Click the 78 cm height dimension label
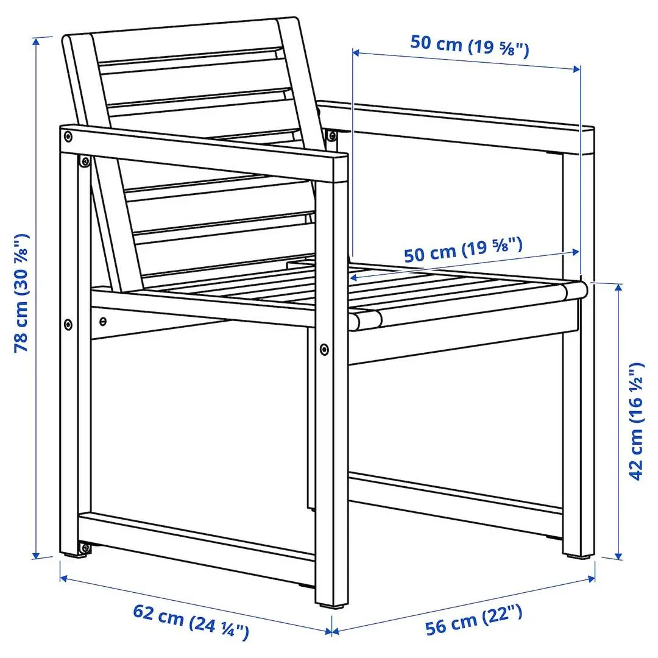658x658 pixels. point(22,292)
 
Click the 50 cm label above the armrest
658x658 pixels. point(469,44)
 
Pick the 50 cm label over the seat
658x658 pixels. point(463,250)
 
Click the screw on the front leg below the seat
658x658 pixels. point(324,349)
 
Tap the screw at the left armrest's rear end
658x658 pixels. point(68,135)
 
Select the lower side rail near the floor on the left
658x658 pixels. point(195,536)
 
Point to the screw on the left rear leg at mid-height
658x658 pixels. point(68,323)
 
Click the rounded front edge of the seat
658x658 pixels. point(366,319)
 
